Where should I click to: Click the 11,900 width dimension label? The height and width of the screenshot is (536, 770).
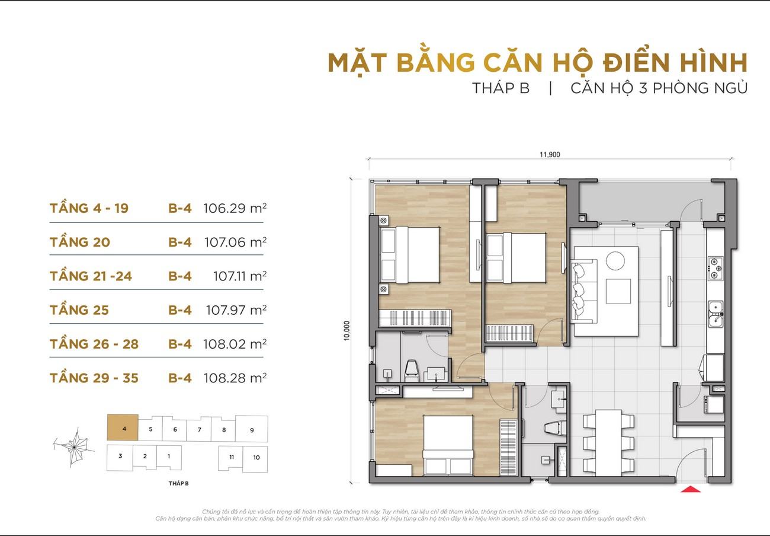coord(550,155)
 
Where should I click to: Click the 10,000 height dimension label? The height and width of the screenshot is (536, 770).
coord(346,331)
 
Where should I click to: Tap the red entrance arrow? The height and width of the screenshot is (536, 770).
coord(691,489)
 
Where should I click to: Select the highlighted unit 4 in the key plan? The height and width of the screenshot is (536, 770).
coord(123,427)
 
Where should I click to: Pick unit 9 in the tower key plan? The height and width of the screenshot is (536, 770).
coord(252,429)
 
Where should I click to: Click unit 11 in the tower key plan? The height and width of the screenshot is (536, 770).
coord(230,458)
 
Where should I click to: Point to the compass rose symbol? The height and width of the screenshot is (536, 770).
coord(74,447)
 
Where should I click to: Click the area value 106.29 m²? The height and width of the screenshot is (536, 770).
coord(235,208)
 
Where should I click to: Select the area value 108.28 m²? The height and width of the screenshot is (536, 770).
coord(235,378)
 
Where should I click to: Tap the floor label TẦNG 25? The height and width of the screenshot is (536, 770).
coord(79,310)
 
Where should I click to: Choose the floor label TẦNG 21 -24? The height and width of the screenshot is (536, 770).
coord(91,276)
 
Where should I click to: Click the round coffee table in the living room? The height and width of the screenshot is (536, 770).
coord(615,261)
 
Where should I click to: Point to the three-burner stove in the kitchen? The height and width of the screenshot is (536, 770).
coord(715,267)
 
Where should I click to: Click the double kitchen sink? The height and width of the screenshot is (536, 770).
coord(716,314)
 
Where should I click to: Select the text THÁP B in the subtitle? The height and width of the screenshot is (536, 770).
coord(501,88)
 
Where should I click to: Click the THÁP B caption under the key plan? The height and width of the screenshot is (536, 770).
coord(178,483)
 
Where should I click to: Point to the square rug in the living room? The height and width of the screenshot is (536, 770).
coord(618,291)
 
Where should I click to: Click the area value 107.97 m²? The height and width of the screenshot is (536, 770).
coord(236,310)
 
